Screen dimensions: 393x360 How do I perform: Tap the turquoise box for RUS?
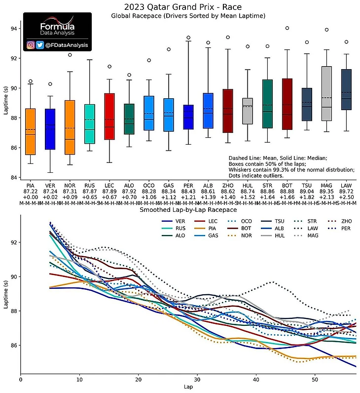(x=90, y=124)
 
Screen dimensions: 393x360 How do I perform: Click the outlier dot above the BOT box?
(x=287, y=28)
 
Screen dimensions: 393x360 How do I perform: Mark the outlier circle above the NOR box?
(x=70, y=55)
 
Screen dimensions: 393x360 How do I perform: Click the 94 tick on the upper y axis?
(x=14, y=29)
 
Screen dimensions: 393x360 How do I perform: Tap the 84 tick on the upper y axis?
(x=14, y=178)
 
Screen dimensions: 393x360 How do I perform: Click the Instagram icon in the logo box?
(x=31, y=45)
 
